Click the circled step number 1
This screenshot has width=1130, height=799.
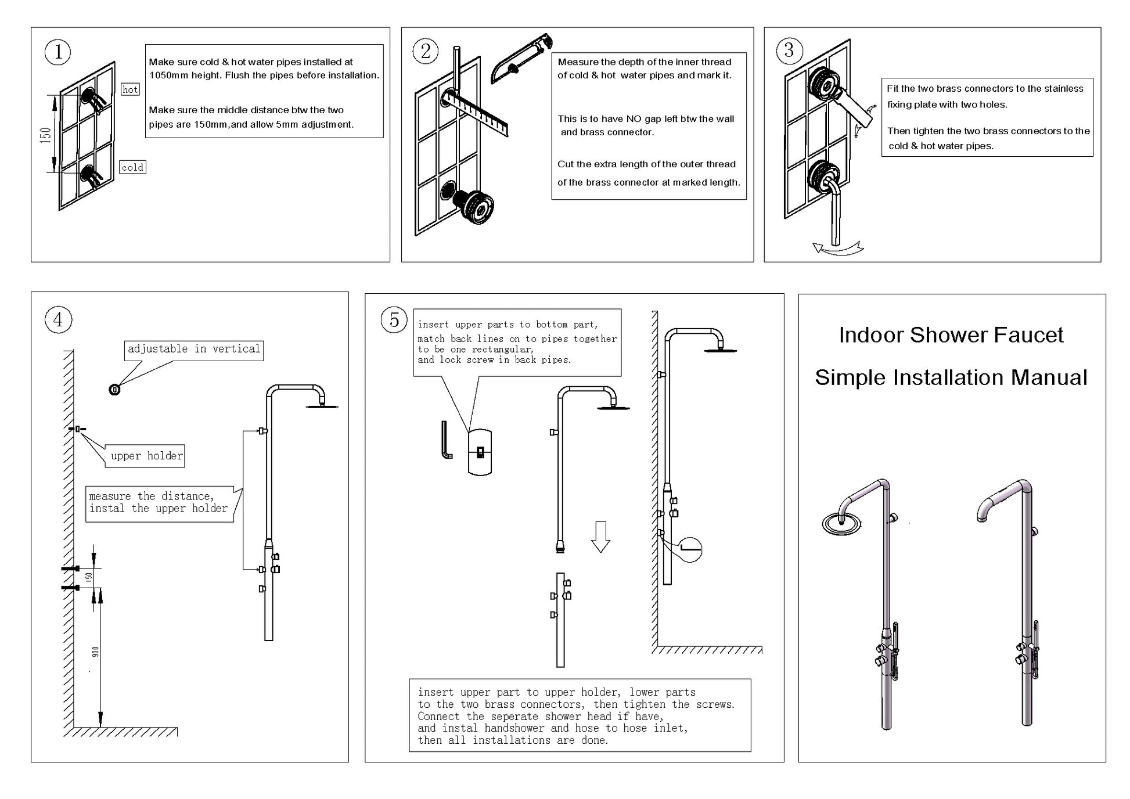(58, 52)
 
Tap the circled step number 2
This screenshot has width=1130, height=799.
(426, 52)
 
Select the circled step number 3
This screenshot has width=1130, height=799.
(789, 51)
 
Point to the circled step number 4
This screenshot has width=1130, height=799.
(58, 320)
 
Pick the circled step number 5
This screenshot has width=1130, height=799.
(394, 320)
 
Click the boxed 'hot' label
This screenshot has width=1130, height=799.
(130, 89)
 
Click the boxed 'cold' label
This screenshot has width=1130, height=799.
(132, 167)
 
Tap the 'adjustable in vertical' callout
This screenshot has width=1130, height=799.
(194, 350)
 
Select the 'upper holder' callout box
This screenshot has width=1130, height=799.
(146, 456)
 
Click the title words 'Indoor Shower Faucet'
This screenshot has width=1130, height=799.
(951, 335)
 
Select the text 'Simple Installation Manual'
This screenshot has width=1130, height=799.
(951, 377)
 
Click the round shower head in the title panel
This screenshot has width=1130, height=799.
(841, 523)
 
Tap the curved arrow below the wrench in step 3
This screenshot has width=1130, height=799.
(837, 249)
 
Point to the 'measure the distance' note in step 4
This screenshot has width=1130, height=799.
(159, 503)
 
